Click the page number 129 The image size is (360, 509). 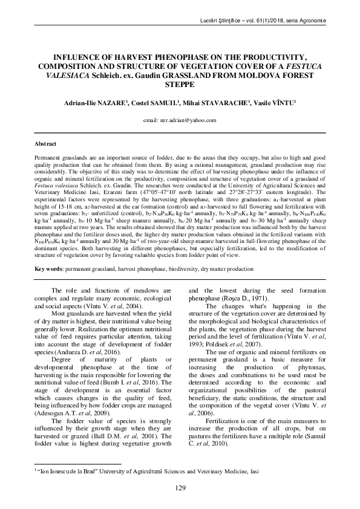coord(180,487)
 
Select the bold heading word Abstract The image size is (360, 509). coord(45,144)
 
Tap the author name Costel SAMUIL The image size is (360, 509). coord(157,103)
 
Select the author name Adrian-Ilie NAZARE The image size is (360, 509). coord(96,103)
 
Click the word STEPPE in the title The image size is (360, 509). coord(180,85)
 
